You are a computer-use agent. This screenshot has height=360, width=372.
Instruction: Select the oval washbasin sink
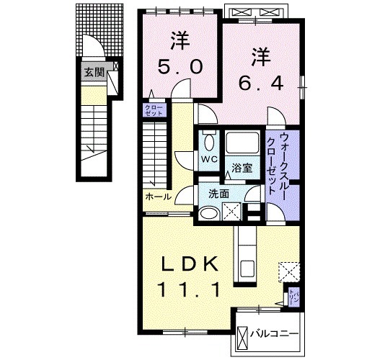pyautogui.click(x=209, y=212)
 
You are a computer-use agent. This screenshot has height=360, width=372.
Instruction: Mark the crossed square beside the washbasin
pyautogui.click(x=232, y=212)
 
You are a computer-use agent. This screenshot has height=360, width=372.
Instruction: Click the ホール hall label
pyautogui.click(x=158, y=197)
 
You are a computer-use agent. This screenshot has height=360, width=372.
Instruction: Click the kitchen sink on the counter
pyautogui.click(x=246, y=268)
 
